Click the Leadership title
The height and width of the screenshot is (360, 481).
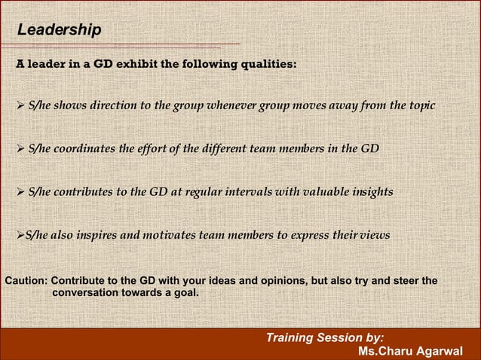[x=59, y=30]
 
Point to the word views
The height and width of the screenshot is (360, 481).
[x=374, y=235]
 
